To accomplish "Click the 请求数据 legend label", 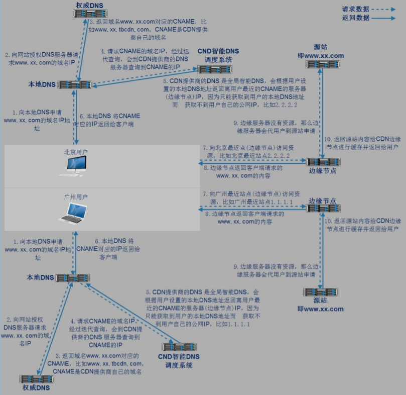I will tap(355, 9).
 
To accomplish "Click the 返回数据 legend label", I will tap(355, 18).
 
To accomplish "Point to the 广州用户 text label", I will tap(76, 196).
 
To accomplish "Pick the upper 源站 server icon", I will tap(322, 64).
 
